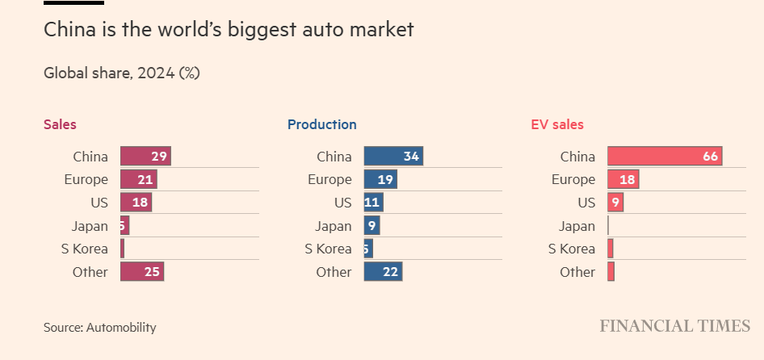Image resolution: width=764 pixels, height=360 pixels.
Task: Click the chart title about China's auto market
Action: coord(228,31)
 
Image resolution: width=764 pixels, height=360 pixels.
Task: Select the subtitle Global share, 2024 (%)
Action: coord(121,73)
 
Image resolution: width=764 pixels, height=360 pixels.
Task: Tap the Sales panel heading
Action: coord(60,124)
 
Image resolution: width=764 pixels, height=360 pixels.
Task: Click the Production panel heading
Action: coord(321,124)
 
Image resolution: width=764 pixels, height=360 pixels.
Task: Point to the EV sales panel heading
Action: coord(556,124)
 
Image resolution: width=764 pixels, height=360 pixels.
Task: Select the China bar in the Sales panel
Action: coord(145,157)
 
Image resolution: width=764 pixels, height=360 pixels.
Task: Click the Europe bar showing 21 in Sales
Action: coord(138,179)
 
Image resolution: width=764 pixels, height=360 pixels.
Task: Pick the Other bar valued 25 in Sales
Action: coord(142,272)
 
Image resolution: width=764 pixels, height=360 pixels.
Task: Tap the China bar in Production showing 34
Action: coord(393,157)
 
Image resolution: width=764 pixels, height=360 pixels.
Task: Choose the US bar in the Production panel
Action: coord(373,203)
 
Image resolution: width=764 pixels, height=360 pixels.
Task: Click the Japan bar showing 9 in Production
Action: coord(372,226)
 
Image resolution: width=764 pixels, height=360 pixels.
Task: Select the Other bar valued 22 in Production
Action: coord(383,272)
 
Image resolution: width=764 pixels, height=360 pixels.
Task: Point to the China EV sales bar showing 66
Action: coord(665,157)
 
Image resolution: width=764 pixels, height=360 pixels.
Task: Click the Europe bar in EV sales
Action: coord(623,179)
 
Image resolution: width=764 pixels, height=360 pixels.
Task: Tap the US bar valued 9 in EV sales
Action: coord(615,203)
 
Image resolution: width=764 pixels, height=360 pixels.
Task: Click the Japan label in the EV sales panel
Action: coord(577,226)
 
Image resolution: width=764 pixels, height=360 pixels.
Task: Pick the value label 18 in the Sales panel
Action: coord(140,203)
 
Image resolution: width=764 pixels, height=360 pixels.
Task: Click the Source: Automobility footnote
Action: coord(99,328)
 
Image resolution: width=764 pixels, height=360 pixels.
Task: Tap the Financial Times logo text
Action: coord(674,326)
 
